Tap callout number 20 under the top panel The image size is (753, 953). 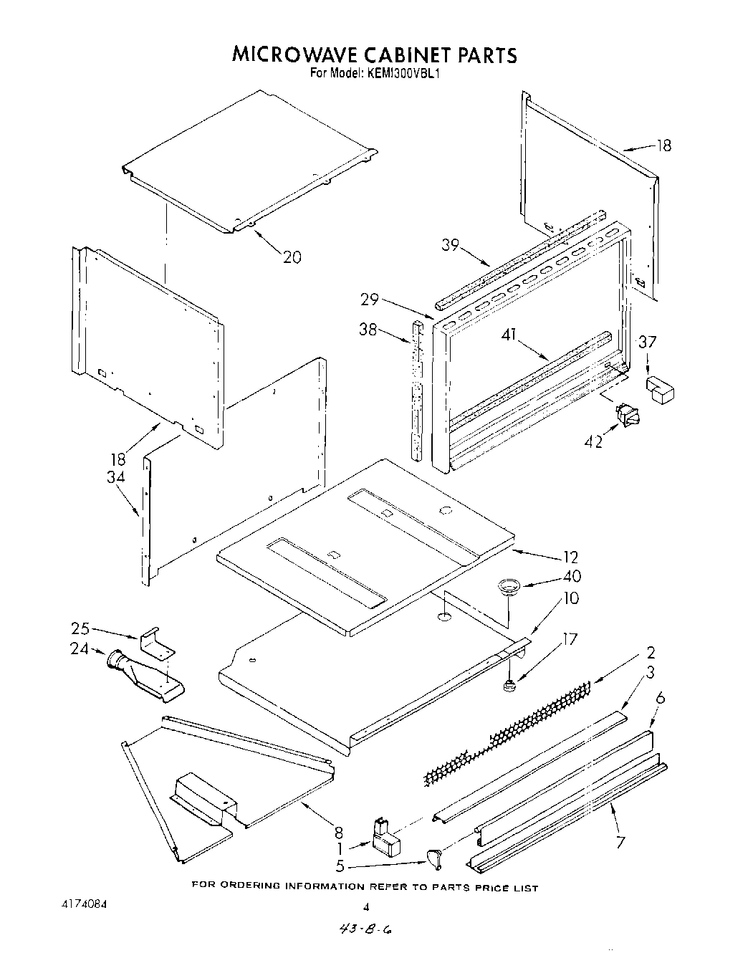point(292,256)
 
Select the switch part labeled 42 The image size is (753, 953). point(625,414)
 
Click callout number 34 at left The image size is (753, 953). point(117,477)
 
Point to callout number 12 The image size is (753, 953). point(571,557)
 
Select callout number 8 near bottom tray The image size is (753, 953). point(338,833)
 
